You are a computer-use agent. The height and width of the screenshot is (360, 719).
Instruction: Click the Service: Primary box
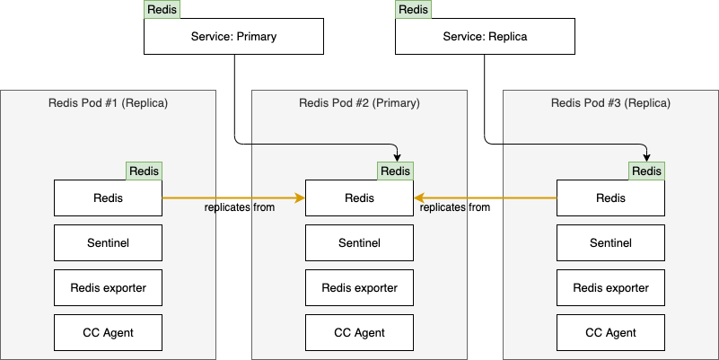(x=233, y=37)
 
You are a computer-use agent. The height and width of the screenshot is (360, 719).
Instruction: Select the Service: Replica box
(x=485, y=37)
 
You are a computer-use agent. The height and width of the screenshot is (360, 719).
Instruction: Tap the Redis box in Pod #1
(x=108, y=198)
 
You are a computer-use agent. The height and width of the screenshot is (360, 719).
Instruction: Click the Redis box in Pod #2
(x=359, y=198)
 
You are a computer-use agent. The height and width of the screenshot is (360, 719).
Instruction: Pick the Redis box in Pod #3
(x=610, y=198)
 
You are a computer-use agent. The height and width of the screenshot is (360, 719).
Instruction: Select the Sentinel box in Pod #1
(x=108, y=242)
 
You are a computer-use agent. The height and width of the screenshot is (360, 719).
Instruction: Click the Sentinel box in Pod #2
(x=359, y=242)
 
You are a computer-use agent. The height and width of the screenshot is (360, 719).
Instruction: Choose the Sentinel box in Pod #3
(x=610, y=242)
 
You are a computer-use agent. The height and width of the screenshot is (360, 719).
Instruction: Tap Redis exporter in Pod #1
(x=108, y=287)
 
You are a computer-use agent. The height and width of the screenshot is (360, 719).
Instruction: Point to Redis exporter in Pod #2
(x=359, y=287)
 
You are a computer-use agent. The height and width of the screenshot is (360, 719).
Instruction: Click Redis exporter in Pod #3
(x=610, y=287)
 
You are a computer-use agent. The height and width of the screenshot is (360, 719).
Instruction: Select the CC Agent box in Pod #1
(x=108, y=332)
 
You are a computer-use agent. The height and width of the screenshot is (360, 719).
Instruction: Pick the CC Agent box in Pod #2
(x=359, y=332)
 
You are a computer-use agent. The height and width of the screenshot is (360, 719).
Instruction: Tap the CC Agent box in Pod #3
(x=610, y=332)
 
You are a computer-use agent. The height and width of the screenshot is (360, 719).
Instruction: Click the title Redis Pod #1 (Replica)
(x=108, y=102)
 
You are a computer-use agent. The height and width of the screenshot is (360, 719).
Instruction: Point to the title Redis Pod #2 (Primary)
(x=359, y=102)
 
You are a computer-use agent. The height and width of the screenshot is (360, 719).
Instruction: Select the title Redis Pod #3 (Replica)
(x=610, y=102)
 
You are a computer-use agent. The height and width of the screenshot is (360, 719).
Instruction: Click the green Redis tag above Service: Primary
(x=162, y=10)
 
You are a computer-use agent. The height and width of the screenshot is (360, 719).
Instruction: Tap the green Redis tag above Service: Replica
(x=413, y=10)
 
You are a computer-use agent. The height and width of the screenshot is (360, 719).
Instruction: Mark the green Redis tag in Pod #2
(x=395, y=171)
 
